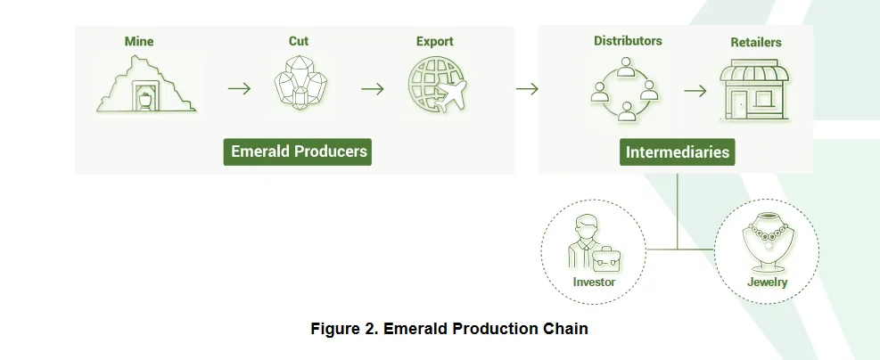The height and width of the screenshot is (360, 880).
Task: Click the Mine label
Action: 139,42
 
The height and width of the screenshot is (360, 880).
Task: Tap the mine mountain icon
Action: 146,84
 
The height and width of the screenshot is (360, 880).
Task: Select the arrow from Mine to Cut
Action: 240,88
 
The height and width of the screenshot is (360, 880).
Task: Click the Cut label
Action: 299,42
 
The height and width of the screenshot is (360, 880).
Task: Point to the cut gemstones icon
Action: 300,83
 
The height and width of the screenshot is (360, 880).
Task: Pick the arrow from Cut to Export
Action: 373,88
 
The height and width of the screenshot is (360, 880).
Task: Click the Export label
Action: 435,42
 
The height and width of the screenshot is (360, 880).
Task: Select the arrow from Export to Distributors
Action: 527,88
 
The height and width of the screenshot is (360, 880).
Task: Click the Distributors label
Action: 628,41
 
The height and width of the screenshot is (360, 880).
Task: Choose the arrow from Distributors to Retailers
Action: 695,90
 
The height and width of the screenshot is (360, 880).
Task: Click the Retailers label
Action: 756,42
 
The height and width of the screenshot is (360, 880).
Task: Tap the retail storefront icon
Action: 755,90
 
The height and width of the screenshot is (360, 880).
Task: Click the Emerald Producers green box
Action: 298,152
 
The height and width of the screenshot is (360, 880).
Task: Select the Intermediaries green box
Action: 678,152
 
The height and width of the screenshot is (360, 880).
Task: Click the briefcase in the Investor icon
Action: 606,259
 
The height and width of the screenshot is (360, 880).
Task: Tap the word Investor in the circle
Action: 595,282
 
